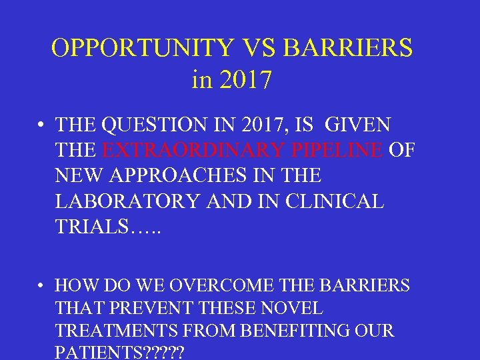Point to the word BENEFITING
[290, 331]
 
